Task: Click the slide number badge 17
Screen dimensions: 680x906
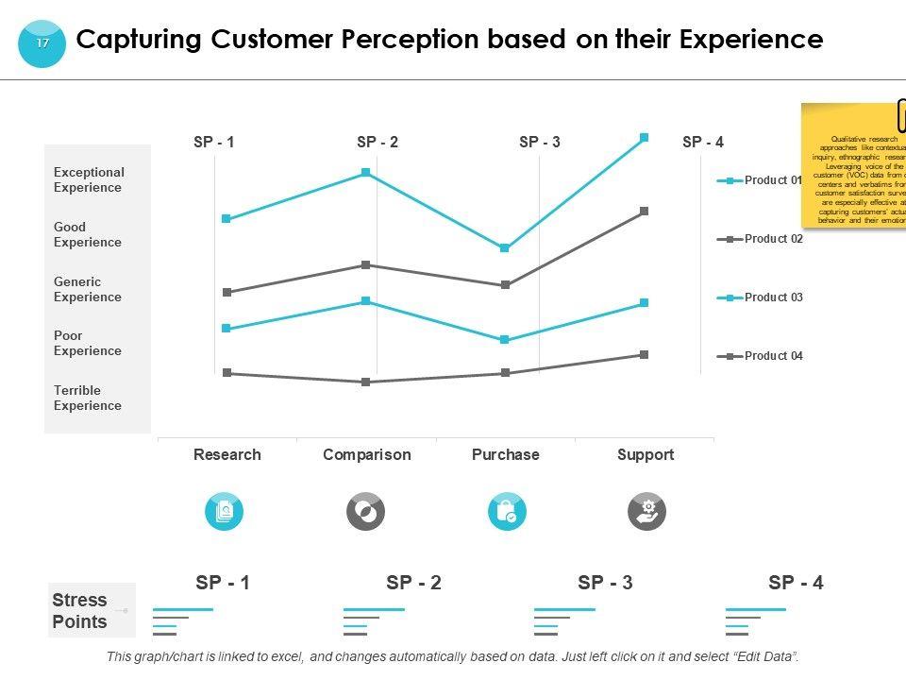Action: coord(42,43)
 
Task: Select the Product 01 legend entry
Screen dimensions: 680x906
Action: coord(772,180)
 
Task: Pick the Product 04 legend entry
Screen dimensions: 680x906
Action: coord(772,356)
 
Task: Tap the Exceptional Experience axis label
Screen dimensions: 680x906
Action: coord(89,179)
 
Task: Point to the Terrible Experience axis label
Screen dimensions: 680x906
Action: coord(88,398)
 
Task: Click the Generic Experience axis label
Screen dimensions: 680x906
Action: coord(88,289)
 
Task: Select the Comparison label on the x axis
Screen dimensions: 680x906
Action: coord(366,454)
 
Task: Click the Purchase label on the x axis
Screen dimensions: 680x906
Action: coord(505,454)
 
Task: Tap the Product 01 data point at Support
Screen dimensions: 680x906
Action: coord(645,138)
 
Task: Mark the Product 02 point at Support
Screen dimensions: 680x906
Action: coord(645,212)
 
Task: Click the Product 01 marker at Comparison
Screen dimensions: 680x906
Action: coord(365,173)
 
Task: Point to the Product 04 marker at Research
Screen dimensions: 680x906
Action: coord(226,373)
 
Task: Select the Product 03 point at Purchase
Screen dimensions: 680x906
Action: coord(505,340)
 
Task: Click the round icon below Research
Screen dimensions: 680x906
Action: coord(225,512)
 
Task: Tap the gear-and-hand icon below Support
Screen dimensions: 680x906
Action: coord(646,512)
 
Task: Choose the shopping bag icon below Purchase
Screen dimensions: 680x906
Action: coord(507,512)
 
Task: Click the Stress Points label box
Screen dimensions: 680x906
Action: coord(80,610)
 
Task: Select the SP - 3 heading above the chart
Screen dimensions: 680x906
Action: coord(540,143)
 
